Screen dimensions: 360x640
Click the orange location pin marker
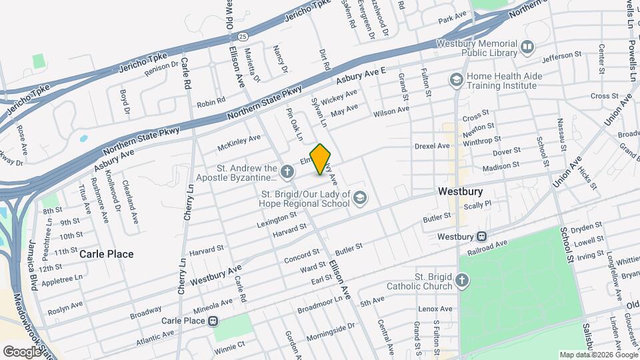321,159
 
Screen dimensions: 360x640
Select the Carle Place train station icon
213,321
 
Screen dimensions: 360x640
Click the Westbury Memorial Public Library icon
527,47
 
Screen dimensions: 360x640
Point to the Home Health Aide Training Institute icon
457,81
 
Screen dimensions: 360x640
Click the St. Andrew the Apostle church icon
287,173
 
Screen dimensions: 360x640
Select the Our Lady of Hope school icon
360,197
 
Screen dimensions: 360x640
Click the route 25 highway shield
243,35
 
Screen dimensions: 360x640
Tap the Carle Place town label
107,254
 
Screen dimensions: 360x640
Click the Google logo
22,351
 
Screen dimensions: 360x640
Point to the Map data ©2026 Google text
598,355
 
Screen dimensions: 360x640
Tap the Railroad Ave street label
507,244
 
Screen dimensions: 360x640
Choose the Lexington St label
277,219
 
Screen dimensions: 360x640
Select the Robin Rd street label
211,103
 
